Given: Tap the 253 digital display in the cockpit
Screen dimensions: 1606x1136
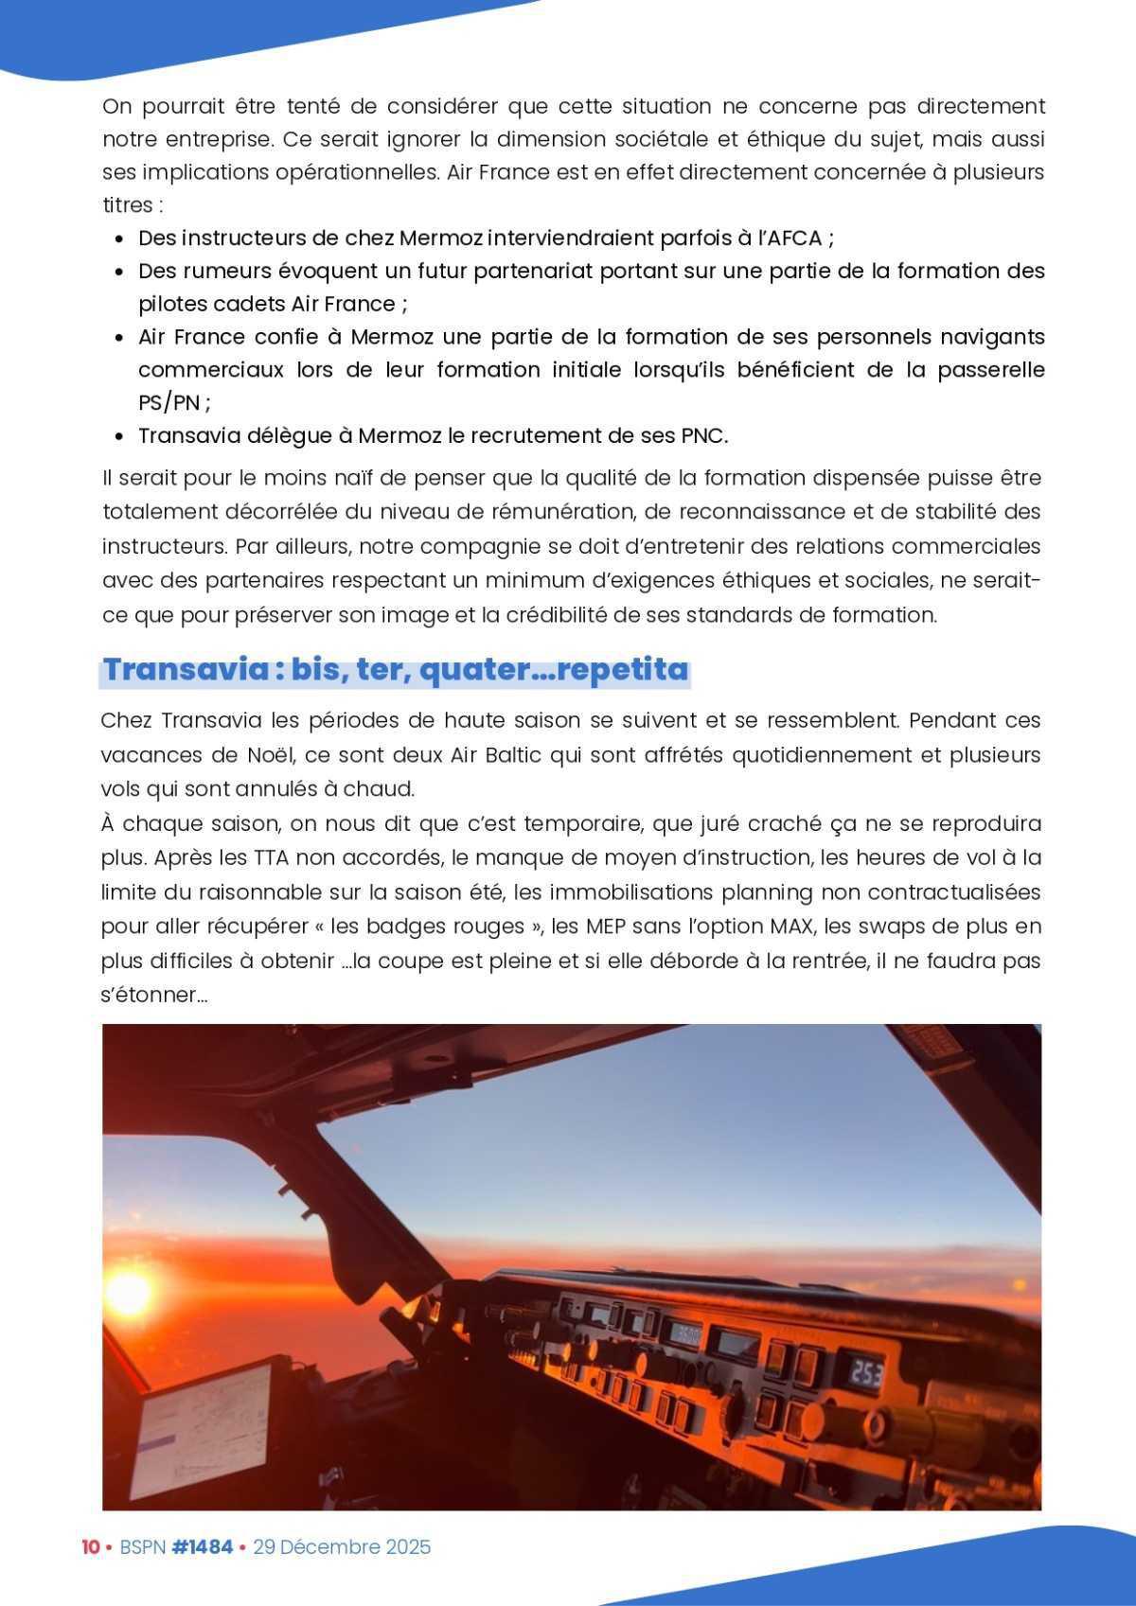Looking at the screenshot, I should (864, 1371).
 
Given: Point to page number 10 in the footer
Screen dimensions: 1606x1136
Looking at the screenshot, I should (90, 1546).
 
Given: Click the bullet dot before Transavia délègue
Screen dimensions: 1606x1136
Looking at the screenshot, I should (119, 436).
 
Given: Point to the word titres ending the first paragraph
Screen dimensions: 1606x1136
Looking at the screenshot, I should (128, 204).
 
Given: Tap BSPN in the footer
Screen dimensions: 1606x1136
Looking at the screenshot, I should (141, 1546).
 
